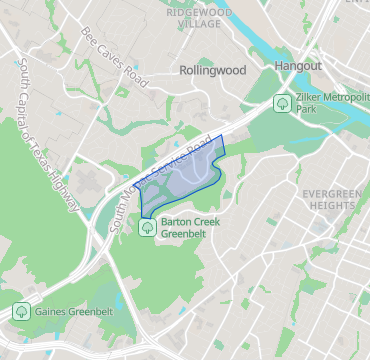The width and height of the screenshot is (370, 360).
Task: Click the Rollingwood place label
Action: (x=212, y=72)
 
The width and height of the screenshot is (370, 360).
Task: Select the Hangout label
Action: (x=297, y=65)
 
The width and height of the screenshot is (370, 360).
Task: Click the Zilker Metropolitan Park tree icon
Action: (x=283, y=102)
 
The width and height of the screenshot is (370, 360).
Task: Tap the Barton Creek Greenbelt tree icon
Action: (x=148, y=227)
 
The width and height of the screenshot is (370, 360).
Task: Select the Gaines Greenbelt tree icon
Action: (x=20, y=312)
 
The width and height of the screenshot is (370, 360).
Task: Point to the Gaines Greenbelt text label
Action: (x=74, y=312)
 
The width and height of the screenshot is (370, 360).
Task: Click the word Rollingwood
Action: (x=212, y=72)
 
